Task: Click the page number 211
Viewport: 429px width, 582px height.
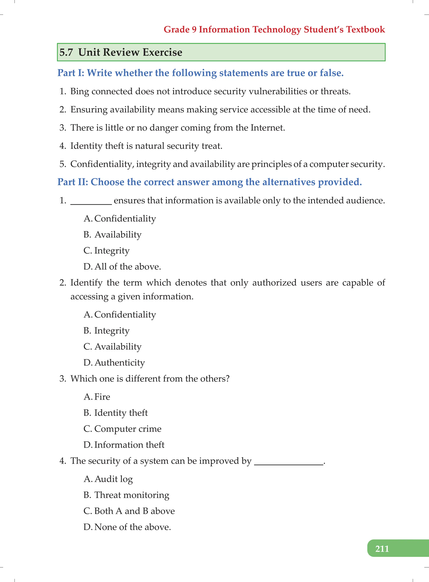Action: click(382, 549)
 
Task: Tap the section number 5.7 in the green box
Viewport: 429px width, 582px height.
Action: click(66, 52)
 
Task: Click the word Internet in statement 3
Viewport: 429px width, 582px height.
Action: click(267, 128)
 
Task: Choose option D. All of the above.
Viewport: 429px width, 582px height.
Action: click(122, 266)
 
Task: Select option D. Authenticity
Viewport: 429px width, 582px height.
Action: click(114, 363)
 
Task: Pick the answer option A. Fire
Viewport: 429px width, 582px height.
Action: click(97, 397)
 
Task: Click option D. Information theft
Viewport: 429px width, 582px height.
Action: click(124, 445)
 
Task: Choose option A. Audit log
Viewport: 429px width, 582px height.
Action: click(108, 479)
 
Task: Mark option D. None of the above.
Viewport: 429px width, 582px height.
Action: click(127, 527)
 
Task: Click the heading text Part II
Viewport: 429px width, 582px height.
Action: click(73, 182)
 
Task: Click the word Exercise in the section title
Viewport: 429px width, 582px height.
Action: click(162, 52)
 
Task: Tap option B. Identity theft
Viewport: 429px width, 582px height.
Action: click(116, 413)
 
